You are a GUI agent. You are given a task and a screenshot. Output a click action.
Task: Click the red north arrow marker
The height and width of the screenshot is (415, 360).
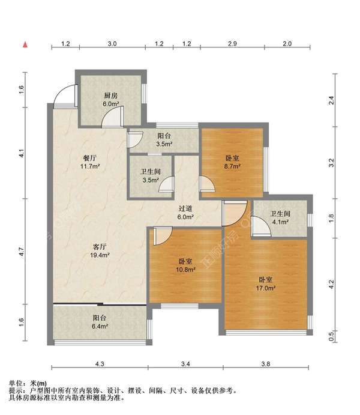tap(25, 44)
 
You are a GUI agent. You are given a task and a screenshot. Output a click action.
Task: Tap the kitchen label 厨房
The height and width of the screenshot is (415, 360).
tap(111, 95)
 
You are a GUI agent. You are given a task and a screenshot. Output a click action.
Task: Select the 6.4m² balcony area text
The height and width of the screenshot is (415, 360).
tap(100, 326)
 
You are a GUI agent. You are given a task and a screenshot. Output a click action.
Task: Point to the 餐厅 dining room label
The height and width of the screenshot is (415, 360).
tap(90, 158)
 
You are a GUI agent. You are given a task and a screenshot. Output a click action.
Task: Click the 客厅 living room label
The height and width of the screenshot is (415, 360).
tap(100, 247)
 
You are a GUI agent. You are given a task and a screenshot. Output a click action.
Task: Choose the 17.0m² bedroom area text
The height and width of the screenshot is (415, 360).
tap(266, 288)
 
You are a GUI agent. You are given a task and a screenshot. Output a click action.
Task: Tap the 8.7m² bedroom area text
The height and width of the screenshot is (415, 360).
tap(232, 166)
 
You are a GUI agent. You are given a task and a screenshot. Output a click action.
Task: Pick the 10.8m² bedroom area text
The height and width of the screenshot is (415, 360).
tap(185, 270)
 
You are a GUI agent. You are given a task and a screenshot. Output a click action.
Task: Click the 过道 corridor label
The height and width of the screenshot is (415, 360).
tap(185, 208)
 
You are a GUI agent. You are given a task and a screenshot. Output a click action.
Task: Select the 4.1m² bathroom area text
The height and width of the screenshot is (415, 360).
tap(280, 222)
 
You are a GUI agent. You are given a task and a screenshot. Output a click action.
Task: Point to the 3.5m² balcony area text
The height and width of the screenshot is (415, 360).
tap(164, 144)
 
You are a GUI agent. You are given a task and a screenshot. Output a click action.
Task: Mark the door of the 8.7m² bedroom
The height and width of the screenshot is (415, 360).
tap(207, 183)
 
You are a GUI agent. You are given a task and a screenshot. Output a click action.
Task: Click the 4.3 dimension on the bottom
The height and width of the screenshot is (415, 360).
tap(100, 364)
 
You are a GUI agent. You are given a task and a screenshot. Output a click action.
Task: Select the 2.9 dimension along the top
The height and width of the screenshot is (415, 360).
tap(232, 44)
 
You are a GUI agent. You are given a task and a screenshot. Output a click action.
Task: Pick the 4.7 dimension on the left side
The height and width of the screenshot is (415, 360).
tap(22, 251)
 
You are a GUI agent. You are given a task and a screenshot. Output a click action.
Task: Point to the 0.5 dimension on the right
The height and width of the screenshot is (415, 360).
tap(331, 336)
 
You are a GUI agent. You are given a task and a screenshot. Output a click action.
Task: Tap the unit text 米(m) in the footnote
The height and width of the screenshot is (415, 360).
tap(38, 383)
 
